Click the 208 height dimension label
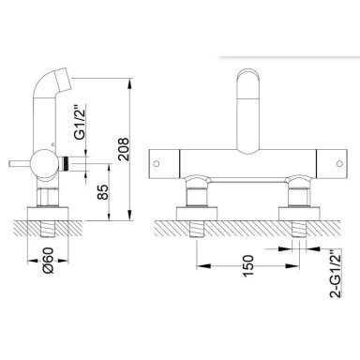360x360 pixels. (x=124, y=149)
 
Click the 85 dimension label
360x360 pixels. (x=103, y=192)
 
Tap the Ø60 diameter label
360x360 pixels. (x=49, y=260)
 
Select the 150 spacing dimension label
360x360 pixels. (x=247, y=265)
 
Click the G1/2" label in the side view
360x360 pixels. (x=81, y=122)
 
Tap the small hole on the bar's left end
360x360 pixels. (x=157, y=163)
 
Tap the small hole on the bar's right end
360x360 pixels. (x=339, y=163)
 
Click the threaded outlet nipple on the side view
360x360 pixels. (x=66, y=163)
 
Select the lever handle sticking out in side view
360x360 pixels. (x=20, y=164)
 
